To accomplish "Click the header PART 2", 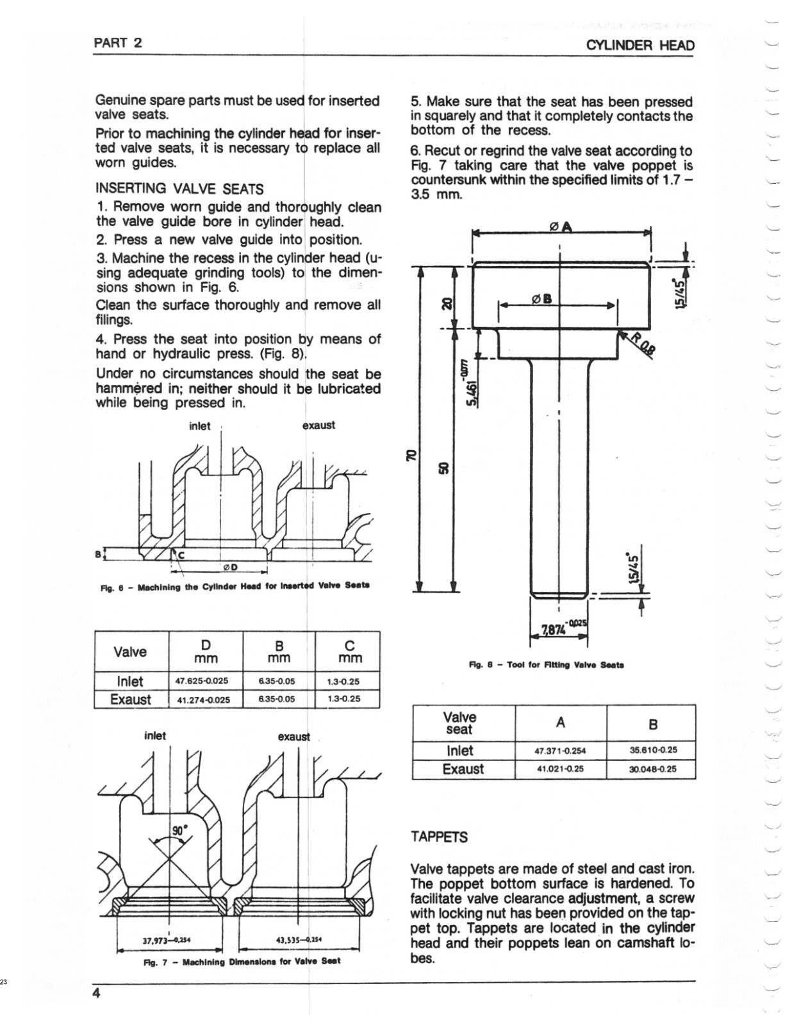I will (118, 43).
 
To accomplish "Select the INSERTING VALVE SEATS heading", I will (179, 189).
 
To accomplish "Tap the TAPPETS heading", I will (440, 837).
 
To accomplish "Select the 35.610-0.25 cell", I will (650, 750).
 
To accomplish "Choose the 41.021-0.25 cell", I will (561, 769).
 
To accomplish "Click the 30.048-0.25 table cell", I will (650, 769).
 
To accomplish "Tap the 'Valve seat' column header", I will (459, 723).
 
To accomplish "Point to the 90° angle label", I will (179, 831).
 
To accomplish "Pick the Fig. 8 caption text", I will (547, 665).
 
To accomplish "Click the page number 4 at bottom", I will (97, 994).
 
